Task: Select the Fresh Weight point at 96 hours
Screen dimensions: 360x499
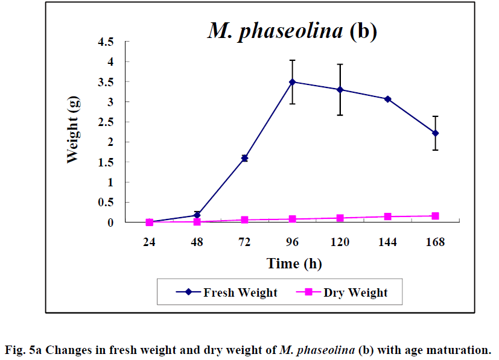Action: point(293,82)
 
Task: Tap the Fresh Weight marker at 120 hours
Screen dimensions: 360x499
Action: point(340,90)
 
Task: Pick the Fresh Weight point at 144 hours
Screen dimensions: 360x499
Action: point(388,99)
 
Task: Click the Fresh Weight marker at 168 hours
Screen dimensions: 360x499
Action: point(435,133)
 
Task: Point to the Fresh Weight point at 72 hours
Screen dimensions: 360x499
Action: point(244,158)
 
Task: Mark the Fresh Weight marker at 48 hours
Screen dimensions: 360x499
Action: point(197,215)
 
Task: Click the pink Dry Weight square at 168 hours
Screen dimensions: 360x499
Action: point(435,215)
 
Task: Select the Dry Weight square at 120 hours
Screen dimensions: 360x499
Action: point(340,218)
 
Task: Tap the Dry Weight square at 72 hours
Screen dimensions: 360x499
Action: point(244,220)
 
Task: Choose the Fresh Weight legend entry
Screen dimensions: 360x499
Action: point(227,293)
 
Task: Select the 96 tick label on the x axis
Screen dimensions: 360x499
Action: point(293,242)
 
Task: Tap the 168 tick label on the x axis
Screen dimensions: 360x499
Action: point(435,242)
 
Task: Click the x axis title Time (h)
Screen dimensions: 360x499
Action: point(292,264)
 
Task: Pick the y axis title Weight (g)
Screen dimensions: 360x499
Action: point(73,132)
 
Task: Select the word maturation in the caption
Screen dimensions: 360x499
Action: point(460,349)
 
